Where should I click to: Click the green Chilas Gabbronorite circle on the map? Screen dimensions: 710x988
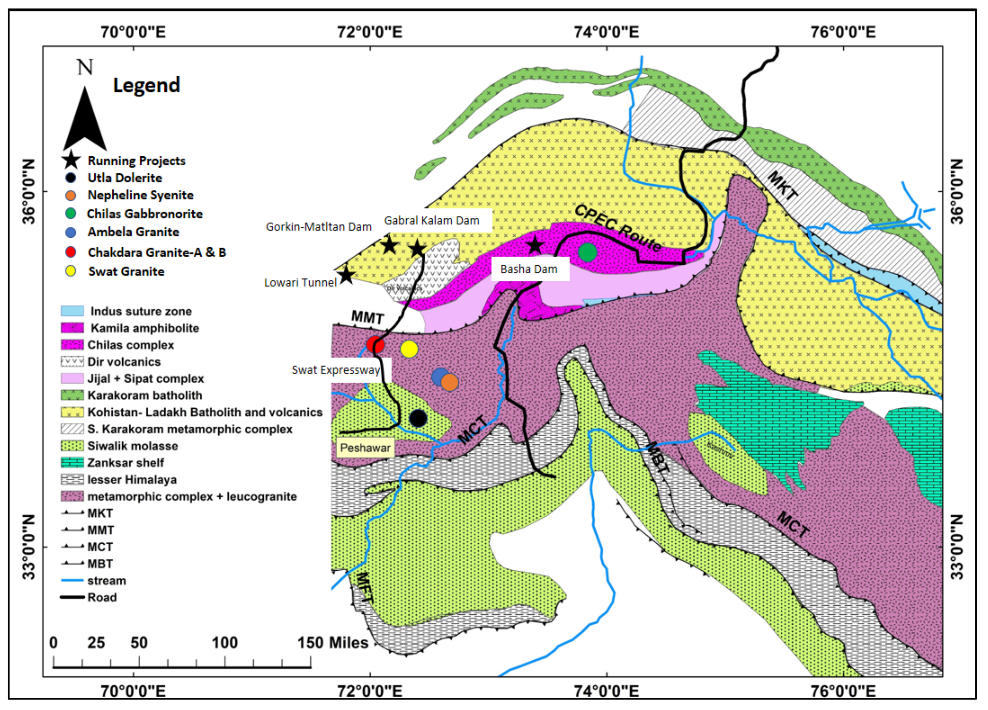click(587, 252)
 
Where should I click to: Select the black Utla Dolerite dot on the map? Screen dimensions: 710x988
click(418, 418)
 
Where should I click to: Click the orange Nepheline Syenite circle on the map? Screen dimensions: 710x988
click(449, 383)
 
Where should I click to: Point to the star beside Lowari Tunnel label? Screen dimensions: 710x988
click(346, 275)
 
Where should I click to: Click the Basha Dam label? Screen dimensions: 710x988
click(529, 269)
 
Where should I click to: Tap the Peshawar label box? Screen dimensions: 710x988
click(365, 448)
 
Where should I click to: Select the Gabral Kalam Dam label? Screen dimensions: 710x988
click(431, 221)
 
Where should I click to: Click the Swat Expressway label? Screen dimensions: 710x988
click(335, 370)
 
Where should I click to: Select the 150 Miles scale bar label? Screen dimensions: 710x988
click(333, 643)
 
